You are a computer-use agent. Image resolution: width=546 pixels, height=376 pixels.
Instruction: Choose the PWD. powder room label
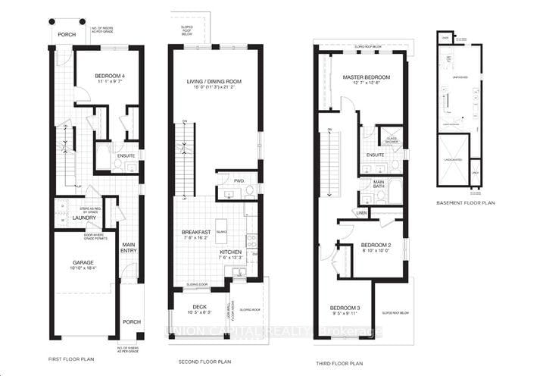tap(239, 181)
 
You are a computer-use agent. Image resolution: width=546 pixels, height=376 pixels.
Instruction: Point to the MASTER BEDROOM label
tap(366, 77)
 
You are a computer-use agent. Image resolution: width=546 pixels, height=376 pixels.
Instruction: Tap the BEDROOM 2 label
tap(375, 246)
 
